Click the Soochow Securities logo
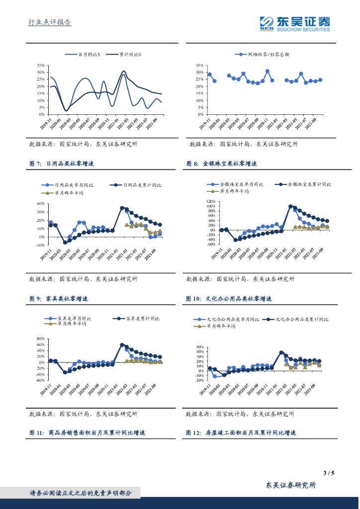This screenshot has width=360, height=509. tap(295, 23)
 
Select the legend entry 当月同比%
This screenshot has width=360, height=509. tap(90, 55)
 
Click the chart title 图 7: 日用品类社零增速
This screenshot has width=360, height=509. tap(62, 164)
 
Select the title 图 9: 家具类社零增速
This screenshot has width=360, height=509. tap(59, 299)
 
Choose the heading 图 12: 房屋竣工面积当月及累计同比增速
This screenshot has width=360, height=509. tap(241, 433)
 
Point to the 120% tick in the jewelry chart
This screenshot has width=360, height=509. tap(210, 202)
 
